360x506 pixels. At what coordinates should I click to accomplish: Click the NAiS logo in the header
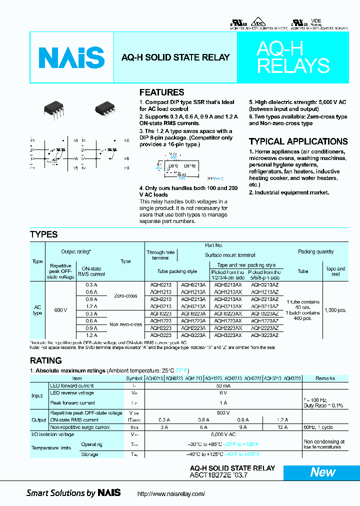pyautogui.click(x=71, y=57)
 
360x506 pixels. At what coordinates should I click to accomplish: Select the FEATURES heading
pyautogui.click(x=161, y=92)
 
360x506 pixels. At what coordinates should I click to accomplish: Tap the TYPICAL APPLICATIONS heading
pyautogui.click(x=298, y=141)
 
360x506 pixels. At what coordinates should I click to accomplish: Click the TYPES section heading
pyautogui.click(x=43, y=234)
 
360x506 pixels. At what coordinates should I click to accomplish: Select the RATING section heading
pyautogui.click(x=45, y=360)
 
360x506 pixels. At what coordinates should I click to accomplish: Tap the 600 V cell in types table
pyautogui.click(x=60, y=310)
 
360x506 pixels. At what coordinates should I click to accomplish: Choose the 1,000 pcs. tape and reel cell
pyautogui.click(x=335, y=310)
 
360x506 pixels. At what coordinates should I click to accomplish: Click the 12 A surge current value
pyautogui.click(x=282, y=427)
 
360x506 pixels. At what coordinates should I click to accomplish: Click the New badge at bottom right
pyautogui.click(x=322, y=472)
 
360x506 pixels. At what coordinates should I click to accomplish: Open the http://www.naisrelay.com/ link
pyautogui.click(x=171, y=493)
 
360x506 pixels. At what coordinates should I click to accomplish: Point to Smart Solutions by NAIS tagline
pyautogui.click(x=73, y=493)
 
